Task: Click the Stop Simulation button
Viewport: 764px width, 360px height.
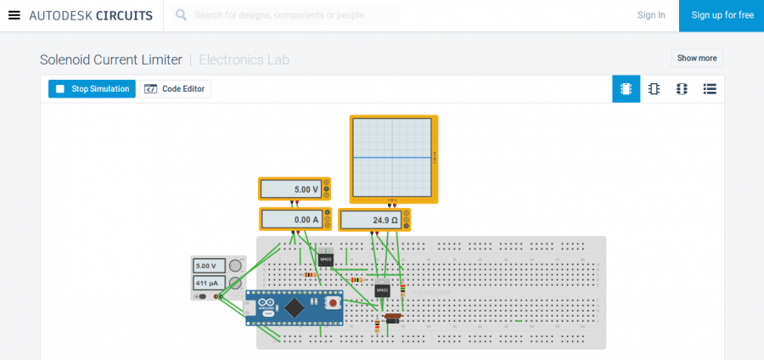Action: [x=92, y=88]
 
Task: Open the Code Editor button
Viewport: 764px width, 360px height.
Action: [x=175, y=88]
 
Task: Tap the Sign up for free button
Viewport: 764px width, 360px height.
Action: [x=722, y=15]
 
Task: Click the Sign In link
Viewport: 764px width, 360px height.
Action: [x=651, y=15]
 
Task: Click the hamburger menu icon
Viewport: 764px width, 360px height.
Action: [x=14, y=15]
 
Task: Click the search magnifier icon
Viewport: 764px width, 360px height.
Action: [x=181, y=15]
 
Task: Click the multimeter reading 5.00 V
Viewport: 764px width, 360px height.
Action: [x=289, y=189]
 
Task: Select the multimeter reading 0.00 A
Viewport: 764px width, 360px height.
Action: [x=290, y=219]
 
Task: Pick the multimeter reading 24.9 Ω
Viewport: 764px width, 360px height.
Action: [x=370, y=220]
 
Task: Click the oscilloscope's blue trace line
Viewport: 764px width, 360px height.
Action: [x=393, y=157]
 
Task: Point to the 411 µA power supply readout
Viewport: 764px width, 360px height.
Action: [x=208, y=282]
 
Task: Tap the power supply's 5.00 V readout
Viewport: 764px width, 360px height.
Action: [x=208, y=266]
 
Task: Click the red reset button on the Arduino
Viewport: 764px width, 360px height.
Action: [x=334, y=301]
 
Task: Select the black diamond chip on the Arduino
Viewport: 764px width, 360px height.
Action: [x=295, y=307]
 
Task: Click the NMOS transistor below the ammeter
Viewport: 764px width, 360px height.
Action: [x=326, y=259]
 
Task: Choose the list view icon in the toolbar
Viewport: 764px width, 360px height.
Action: [x=710, y=88]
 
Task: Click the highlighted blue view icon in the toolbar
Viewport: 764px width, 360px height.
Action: [x=626, y=88]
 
